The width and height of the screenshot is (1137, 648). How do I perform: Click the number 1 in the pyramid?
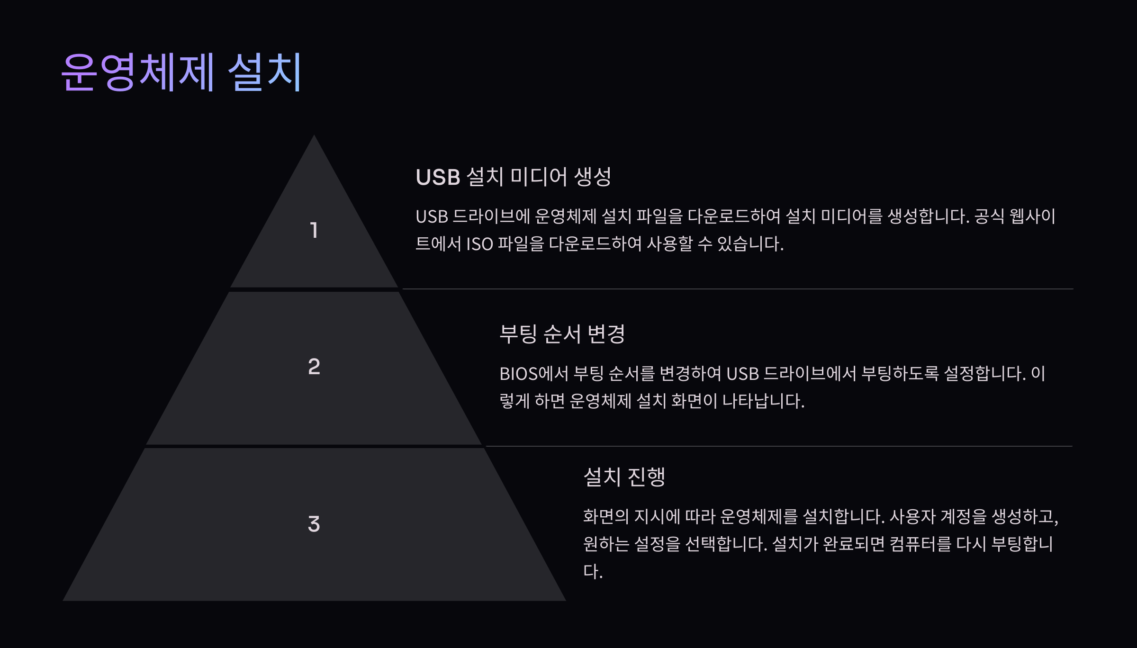[314, 230]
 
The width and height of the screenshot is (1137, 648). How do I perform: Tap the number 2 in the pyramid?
[314, 367]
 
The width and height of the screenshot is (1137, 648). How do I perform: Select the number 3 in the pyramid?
[314, 524]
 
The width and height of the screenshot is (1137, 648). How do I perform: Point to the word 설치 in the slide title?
[265, 72]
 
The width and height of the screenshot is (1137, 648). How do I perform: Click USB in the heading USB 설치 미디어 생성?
[438, 177]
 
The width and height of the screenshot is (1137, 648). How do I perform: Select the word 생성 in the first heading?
[593, 177]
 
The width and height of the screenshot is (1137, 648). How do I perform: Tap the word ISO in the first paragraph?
[479, 244]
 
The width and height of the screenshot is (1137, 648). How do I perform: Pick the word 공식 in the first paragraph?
[989, 217]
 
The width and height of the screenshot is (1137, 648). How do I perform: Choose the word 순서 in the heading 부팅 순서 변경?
[562, 334]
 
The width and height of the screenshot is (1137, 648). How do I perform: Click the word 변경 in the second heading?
[606, 334]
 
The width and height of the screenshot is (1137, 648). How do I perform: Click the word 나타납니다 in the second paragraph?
[763, 401]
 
